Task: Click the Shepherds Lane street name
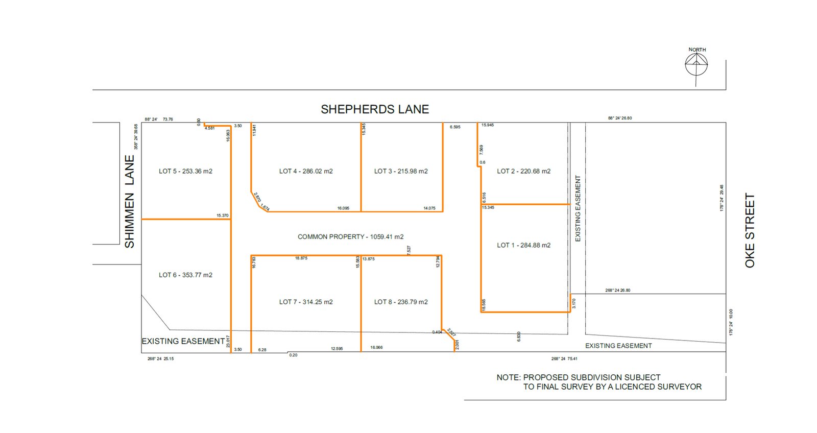coord(375,109)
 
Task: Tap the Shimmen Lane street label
coord(130,202)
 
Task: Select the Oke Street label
coord(750,230)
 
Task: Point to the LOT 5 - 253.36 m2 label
coord(185,171)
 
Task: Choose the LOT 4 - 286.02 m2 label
coord(306,171)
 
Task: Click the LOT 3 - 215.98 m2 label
coord(401,171)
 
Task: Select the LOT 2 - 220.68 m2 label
coord(523,171)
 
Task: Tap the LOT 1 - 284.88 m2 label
coord(523,245)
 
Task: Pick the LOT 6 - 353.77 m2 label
coord(185,275)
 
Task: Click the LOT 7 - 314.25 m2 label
coord(306,302)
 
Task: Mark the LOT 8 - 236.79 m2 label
coord(401,302)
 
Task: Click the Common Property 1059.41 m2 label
coord(351,237)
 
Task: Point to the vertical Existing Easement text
coord(578,208)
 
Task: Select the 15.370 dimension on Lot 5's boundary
coord(223,215)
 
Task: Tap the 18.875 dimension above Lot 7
coord(301,258)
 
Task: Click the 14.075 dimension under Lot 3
coord(429,208)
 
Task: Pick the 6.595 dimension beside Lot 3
coord(455,127)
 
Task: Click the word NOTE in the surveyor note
coord(508,377)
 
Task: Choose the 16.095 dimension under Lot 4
coord(343,208)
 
